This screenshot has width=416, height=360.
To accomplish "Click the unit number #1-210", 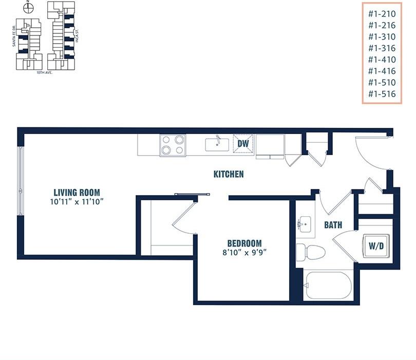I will click(383, 14).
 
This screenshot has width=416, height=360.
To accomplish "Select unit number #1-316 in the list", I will click(383, 48).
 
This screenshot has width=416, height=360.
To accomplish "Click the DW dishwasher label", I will click(243, 144).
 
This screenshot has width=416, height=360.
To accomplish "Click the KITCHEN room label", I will click(229, 174).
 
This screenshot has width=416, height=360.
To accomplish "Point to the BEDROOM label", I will click(244, 243).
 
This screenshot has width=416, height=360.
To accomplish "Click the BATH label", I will click(333, 225).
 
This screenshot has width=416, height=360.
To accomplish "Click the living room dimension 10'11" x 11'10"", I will click(77, 202).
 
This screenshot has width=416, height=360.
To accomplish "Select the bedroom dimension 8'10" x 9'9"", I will click(244, 252).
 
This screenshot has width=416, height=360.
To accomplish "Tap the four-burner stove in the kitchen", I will click(173, 145).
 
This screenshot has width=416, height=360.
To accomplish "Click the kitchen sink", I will click(217, 144).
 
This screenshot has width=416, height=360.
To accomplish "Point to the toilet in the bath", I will click(311, 252).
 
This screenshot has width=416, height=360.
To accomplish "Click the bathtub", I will click(328, 285).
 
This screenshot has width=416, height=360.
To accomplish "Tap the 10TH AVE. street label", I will click(45, 72).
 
